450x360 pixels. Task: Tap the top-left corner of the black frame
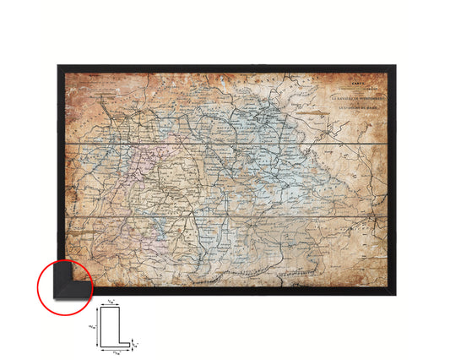click(59, 65)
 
